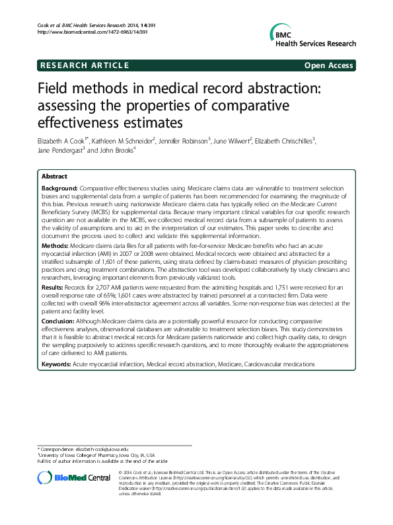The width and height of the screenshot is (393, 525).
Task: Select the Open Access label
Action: (328, 65)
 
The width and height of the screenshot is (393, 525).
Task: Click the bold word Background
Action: (59, 189)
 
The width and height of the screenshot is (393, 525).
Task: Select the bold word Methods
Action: (55, 245)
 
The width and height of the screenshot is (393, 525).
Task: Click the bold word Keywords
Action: (58, 364)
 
